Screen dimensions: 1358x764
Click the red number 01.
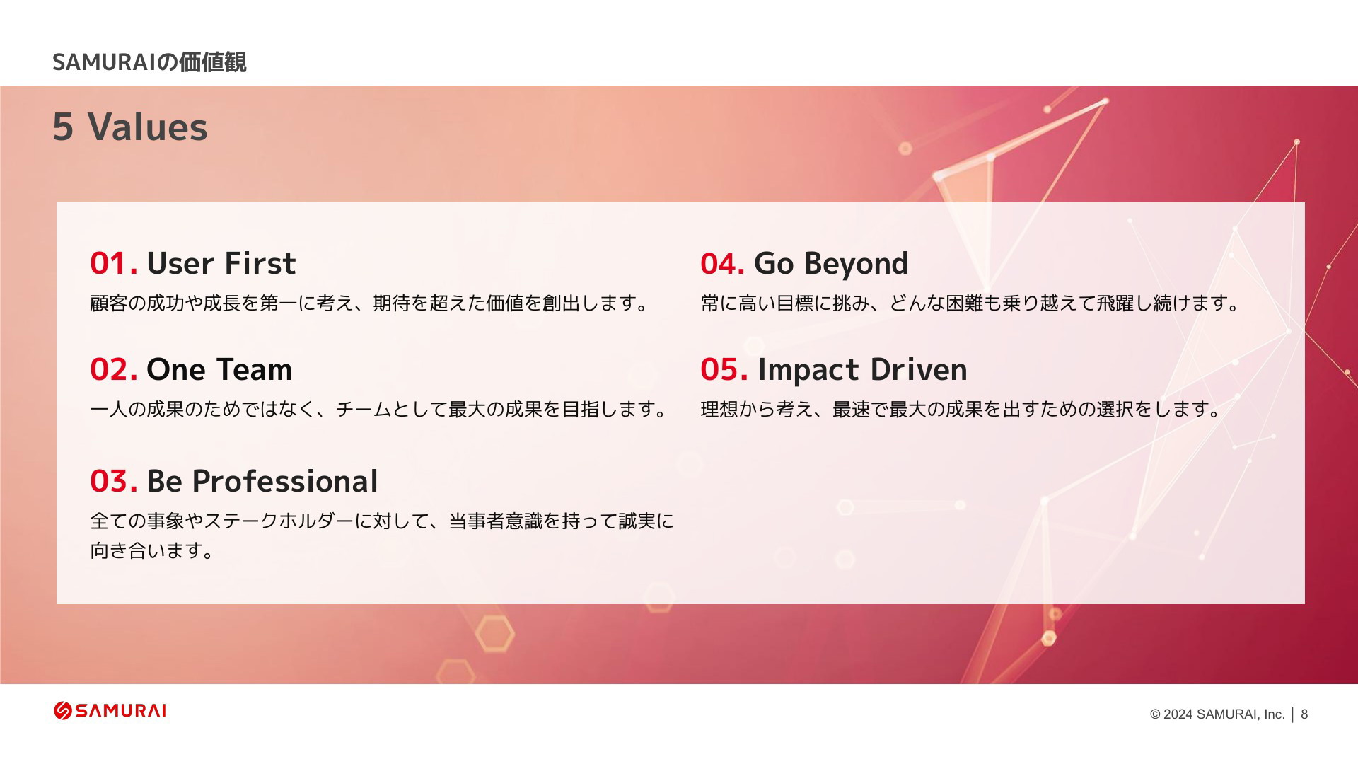click(113, 263)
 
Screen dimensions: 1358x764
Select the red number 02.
click(113, 369)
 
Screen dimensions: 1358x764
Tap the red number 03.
click(113, 481)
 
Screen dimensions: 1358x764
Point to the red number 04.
click(722, 263)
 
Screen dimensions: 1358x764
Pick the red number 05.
click(724, 369)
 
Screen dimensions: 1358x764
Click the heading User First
click(221, 263)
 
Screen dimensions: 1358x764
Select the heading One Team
click(219, 369)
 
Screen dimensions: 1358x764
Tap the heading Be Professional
click(262, 481)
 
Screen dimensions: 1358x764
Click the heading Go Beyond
click(831, 264)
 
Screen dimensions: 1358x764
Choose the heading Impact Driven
click(862, 369)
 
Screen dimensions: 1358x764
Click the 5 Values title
click(130, 127)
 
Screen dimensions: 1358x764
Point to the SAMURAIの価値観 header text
click(149, 62)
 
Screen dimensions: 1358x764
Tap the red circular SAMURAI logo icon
click(63, 711)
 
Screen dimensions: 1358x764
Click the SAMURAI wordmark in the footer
click(121, 711)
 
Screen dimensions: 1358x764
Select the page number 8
click(1304, 714)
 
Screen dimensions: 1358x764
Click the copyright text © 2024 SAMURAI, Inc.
click(1217, 714)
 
